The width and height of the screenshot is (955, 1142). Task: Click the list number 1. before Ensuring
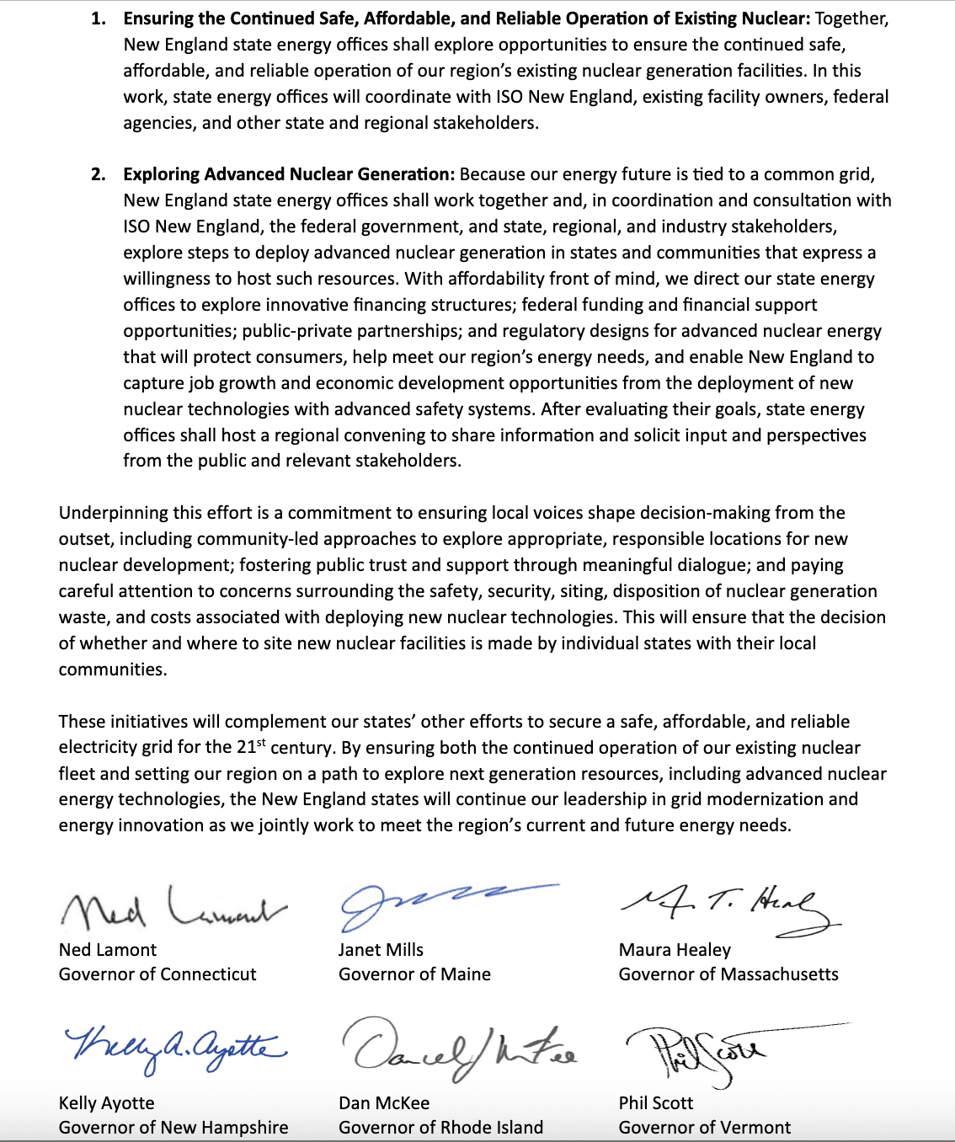(x=99, y=19)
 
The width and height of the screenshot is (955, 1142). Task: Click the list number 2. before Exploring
(x=99, y=174)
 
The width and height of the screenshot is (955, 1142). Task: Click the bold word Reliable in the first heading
(x=549, y=19)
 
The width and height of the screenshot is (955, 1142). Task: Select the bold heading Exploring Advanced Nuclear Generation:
(x=289, y=174)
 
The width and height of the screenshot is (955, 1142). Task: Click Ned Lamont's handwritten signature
(x=173, y=908)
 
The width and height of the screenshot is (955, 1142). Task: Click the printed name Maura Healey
(x=675, y=950)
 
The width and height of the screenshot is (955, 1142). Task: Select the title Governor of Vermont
(x=705, y=1128)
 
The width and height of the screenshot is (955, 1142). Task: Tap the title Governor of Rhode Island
(x=440, y=1128)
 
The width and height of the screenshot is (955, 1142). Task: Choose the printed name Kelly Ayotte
(x=107, y=1103)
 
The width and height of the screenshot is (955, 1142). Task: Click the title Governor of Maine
(x=414, y=974)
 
